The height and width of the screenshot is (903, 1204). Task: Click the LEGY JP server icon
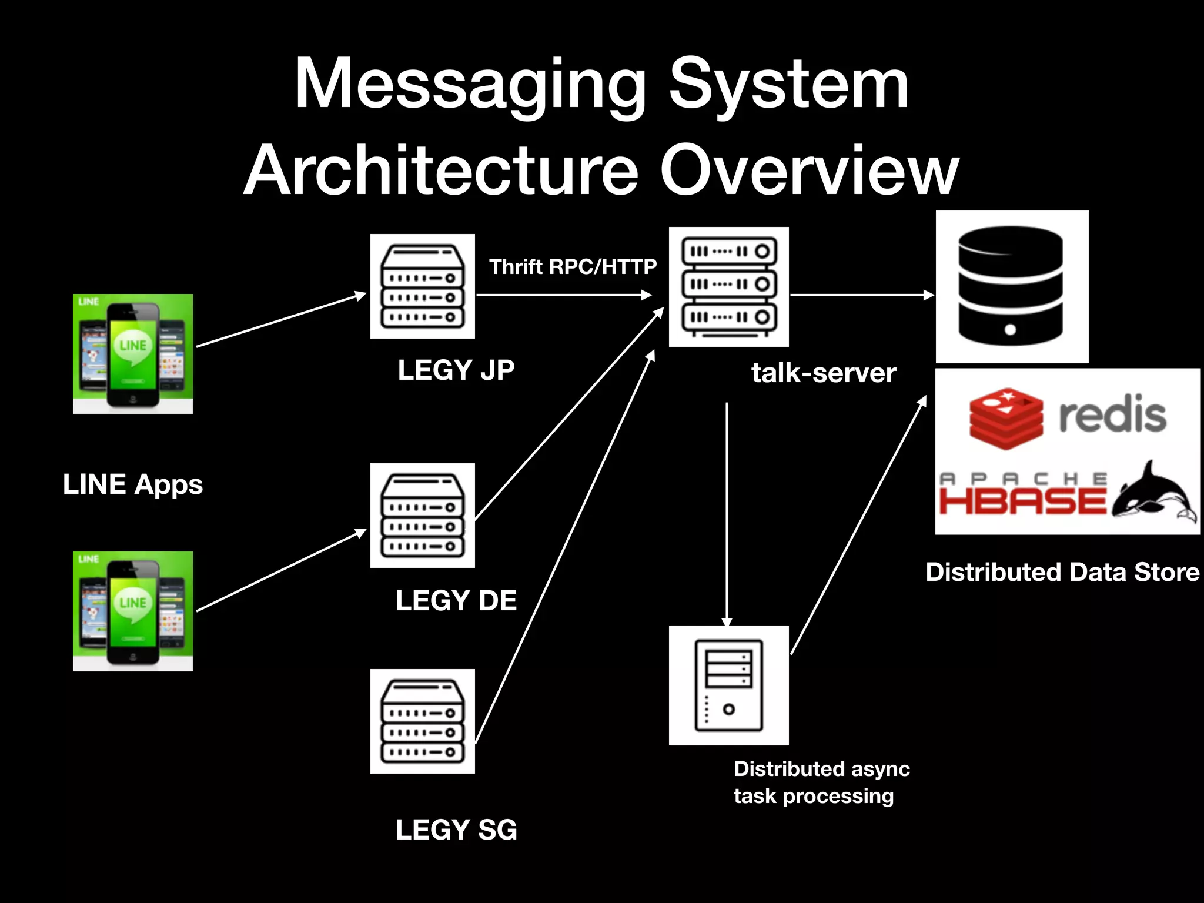[422, 286]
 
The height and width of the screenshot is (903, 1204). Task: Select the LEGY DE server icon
[422, 516]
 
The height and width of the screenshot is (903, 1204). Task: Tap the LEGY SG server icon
[422, 721]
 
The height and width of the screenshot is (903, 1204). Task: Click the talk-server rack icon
[728, 287]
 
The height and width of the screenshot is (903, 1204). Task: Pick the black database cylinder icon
[1011, 287]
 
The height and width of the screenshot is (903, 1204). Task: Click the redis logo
[1067, 415]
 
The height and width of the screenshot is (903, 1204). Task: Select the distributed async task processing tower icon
[728, 685]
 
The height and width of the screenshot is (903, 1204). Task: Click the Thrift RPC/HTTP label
[573, 267]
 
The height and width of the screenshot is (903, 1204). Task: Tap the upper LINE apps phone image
[133, 354]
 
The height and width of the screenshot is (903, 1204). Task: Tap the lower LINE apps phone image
[133, 611]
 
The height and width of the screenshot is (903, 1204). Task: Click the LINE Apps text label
[133, 485]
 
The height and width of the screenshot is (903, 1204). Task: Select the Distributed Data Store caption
[1062, 572]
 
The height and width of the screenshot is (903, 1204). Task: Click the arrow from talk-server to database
[861, 295]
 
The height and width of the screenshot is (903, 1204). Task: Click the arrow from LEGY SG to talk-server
[564, 547]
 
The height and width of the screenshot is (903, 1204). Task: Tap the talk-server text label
[823, 373]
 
